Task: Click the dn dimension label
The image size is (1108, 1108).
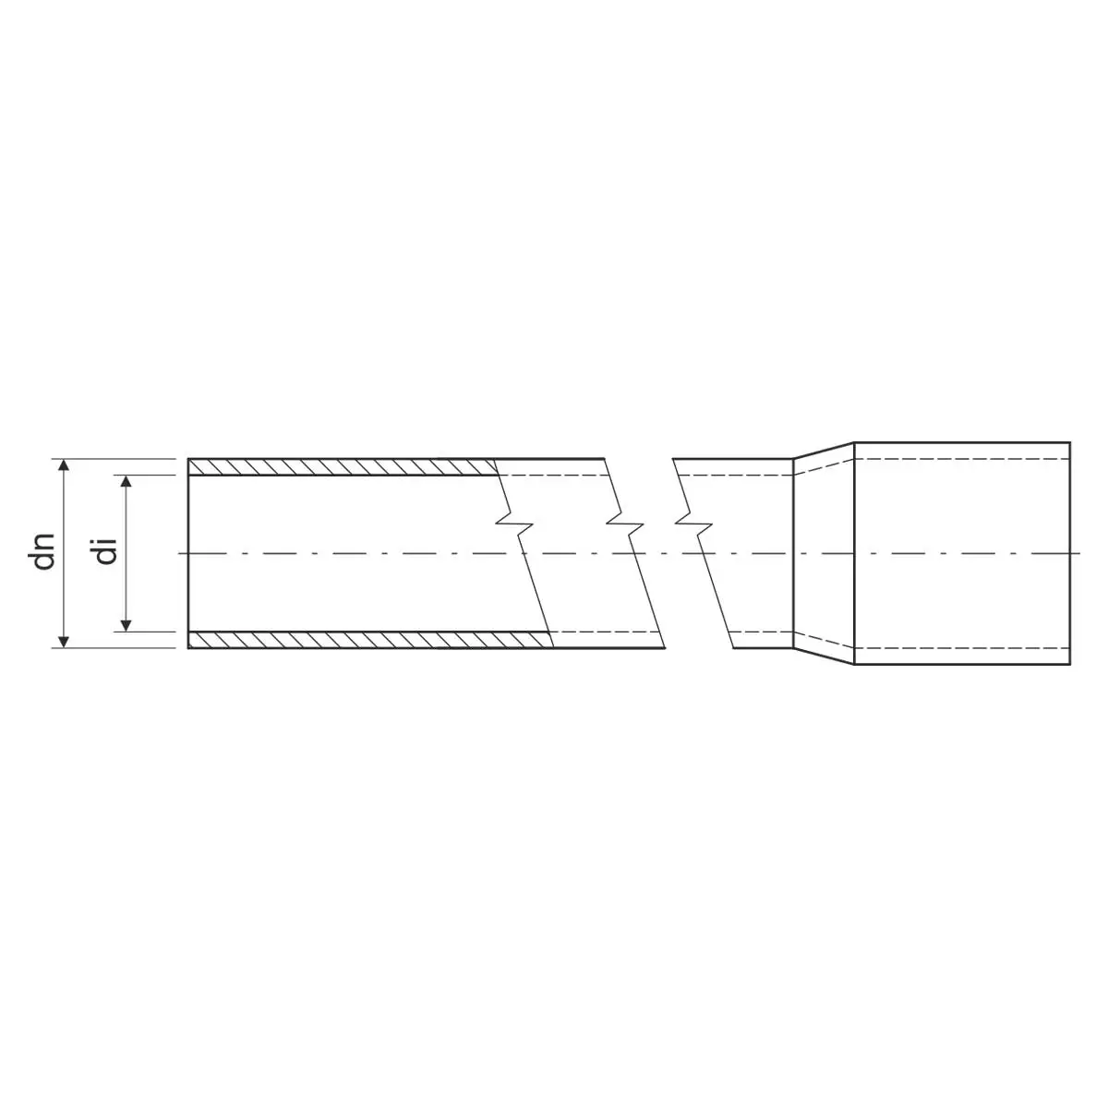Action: [43, 552]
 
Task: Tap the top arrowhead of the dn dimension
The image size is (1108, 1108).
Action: [65, 464]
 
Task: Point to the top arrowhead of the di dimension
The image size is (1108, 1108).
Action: [127, 481]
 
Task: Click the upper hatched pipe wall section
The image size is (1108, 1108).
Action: [343, 467]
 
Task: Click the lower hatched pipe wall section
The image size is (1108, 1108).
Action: [370, 639]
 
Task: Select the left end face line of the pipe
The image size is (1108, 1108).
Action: [188, 553]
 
